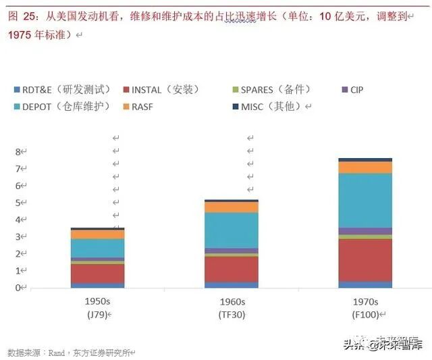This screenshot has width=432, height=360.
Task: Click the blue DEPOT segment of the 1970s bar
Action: tap(365, 200)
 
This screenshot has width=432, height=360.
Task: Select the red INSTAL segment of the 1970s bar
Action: tap(365, 259)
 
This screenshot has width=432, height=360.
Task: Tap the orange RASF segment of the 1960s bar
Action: tap(232, 207)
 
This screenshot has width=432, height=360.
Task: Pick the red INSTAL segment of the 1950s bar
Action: tap(97, 273)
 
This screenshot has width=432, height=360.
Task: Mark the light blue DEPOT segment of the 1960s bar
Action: tap(232, 230)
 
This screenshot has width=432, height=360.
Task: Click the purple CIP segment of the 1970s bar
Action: tap(365, 231)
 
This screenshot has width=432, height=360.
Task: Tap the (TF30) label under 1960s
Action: tap(232, 315)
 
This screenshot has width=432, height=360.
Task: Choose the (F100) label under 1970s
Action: tap(365, 315)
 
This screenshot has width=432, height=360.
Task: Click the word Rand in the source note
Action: tap(55, 352)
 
